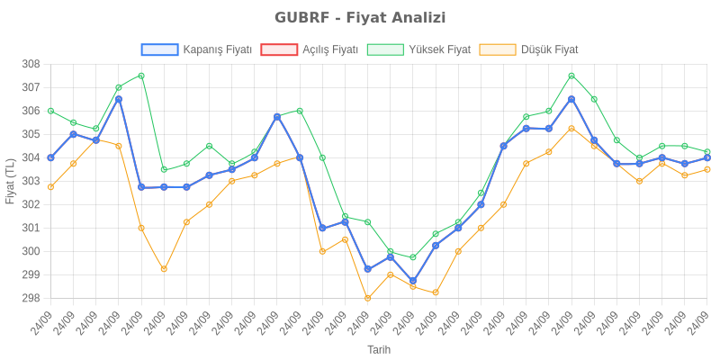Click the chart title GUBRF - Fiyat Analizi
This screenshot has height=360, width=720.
(360, 18)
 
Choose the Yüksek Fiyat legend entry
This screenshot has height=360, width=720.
(419, 49)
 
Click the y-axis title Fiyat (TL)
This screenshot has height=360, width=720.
(10, 181)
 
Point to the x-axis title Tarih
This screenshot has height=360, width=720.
(379, 348)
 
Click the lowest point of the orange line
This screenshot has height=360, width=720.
(367, 298)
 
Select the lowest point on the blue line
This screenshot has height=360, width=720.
(412, 282)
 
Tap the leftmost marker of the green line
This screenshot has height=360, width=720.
(50, 111)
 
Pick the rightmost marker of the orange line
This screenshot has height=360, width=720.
(707, 169)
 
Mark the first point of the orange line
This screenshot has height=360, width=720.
(50, 187)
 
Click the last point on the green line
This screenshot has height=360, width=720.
(707, 152)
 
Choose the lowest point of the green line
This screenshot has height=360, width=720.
(412, 257)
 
